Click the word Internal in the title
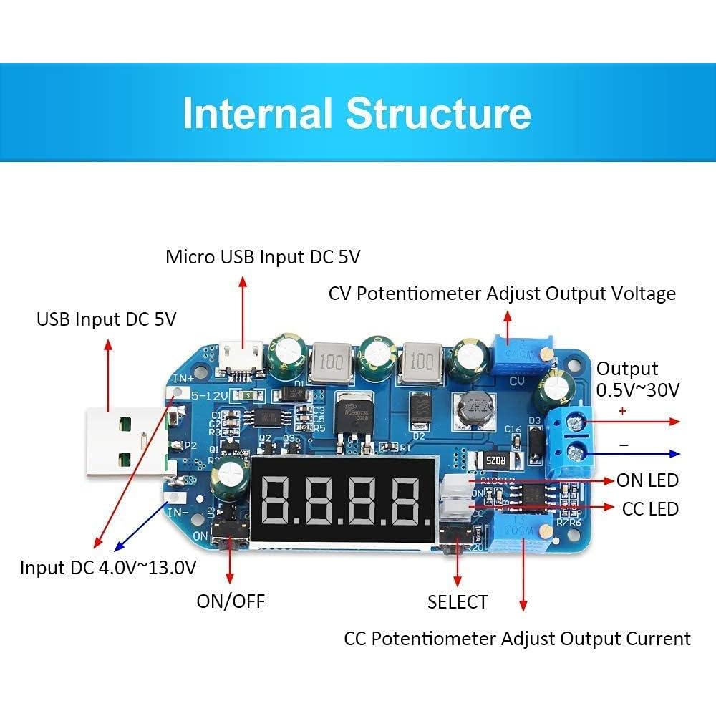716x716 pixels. point(258,113)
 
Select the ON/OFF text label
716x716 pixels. point(231,601)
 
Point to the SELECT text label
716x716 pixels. point(458,602)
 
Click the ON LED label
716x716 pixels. point(647,480)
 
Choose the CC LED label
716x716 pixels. point(650,508)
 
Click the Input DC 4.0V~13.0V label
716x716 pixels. point(108,568)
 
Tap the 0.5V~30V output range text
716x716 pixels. point(638,390)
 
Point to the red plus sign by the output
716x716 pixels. point(622,411)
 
